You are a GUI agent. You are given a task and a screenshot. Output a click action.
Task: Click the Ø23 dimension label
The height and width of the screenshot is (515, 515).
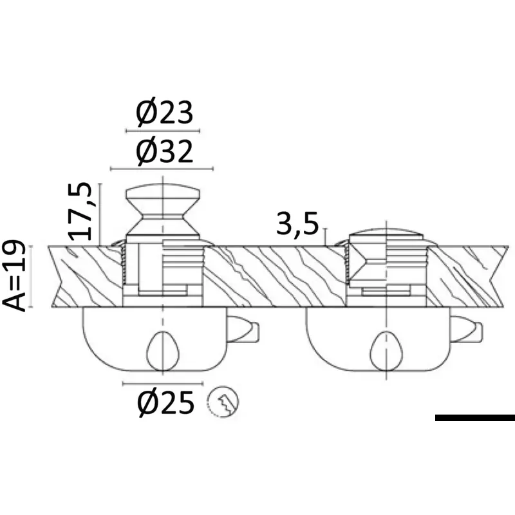click(x=164, y=113)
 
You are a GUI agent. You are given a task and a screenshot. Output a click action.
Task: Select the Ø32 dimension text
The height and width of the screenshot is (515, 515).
click(x=164, y=152)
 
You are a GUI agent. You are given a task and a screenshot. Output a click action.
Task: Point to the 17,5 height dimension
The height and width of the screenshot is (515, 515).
click(x=79, y=211)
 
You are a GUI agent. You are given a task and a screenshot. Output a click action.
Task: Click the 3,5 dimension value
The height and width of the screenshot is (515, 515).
click(x=297, y=225)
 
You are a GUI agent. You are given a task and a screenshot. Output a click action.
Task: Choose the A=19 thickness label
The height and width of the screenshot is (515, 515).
click(x=14, y=276)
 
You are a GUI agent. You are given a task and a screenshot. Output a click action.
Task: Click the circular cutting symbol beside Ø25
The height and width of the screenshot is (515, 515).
click(x=223, y=402)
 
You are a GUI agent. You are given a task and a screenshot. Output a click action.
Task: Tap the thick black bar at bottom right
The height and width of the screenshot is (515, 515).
click(x=475, y=417)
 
